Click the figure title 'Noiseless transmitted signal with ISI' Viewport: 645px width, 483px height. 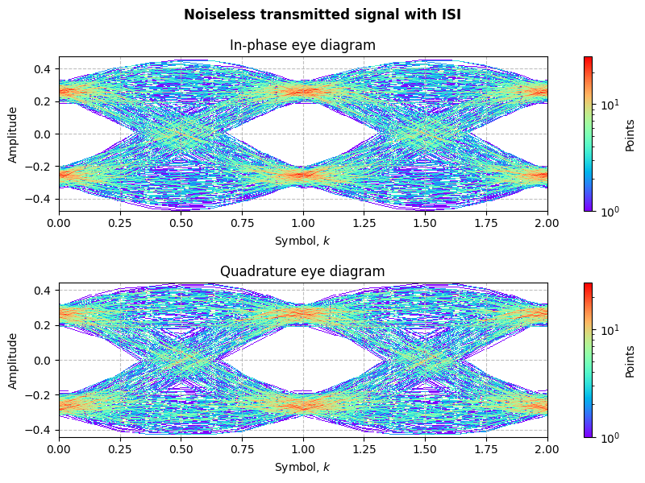(322, 14)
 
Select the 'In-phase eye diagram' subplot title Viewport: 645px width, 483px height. (303, 45)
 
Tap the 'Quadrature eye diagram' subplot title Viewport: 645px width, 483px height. (303, 271)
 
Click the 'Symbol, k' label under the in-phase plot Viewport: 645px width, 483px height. (303, 241)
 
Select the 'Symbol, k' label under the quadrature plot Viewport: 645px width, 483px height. (303, 467)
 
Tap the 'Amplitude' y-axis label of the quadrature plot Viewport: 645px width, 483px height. (13, 360)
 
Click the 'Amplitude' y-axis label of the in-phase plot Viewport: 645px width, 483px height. (13, 134)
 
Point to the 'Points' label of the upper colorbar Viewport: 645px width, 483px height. (630, 134)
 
